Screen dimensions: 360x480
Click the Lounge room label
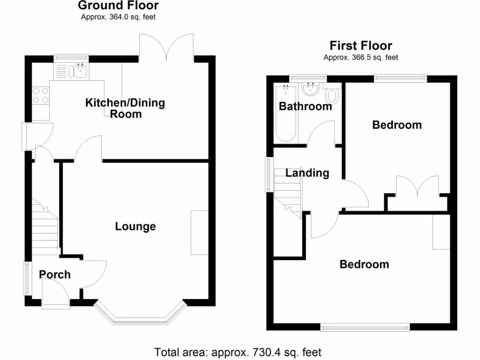point(135,227)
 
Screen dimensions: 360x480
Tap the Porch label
point(55,274)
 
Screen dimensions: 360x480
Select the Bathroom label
point(305,106)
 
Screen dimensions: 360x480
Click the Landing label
point(307,173)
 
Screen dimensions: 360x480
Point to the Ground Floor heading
point(118,6)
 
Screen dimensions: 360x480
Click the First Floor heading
point(361,46)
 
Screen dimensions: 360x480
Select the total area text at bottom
point(238,352)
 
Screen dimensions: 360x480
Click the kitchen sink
point(79,71)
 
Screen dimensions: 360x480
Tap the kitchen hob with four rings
point(40,95)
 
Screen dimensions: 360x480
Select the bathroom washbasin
point(311,89)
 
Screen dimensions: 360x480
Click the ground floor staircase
point(45,225)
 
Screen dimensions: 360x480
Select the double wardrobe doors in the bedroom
point(417,188)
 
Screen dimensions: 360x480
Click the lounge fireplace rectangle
point(199,233)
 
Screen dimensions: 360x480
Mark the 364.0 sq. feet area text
point(118,17)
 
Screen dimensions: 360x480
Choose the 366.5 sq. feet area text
point(360,58)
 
